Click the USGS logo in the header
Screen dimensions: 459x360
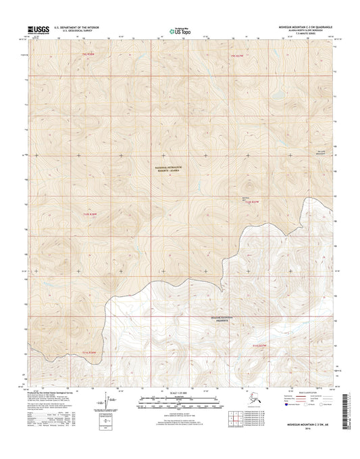43,30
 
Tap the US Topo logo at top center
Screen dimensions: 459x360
180,30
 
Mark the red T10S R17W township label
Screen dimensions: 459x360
252,201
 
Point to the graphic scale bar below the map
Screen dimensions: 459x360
180,404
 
